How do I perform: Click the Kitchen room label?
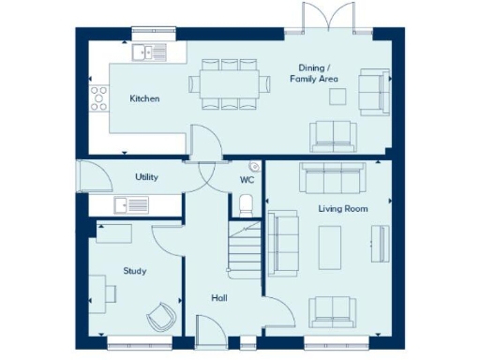pyautogui.click(x=144, y=98)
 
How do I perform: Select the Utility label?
pyautogui.click(x=147, y=176)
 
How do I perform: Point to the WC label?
pyautogui.click(x=247, y=178)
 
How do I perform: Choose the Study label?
pyautogui.click(x=135, y=271)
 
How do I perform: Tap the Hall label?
pyautogui.click(x=219, y=297)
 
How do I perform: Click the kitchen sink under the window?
pyautogui.click(x=149, y=52)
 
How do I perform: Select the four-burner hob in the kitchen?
pyautogui.click(x=97, y=98)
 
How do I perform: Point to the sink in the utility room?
pyautogui.click(x=131, y=204)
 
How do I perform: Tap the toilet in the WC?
pyautogui.click(x=246, y=203)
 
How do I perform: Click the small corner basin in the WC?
pyautogui.click(x=254, y=166)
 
